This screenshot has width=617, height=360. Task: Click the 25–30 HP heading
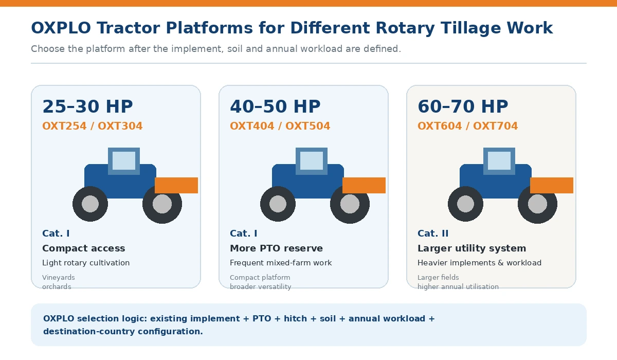(x=87, y=106)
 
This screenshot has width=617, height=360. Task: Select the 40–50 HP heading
(x=275, y=106)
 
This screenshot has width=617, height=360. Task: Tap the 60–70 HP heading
(x=463, y=106)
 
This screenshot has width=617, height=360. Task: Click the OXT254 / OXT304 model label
(x=92, y=126)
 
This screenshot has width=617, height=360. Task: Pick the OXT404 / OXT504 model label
(x=280, y=126)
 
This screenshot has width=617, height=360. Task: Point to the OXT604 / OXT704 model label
(x=468, y=126)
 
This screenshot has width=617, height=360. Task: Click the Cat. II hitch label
(x=433, y=233)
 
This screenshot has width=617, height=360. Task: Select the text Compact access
(x=84, y=248)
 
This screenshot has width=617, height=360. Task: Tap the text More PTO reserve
(x=276, y=248)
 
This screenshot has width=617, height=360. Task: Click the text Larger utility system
(x=472, y=248)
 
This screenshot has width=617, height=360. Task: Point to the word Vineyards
(x=59, y=277)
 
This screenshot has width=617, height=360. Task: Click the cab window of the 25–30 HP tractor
(x=124, y=161)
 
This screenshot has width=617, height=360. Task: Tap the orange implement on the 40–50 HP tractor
(x=364, y=185)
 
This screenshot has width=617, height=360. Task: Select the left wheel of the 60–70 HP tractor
(x=465, y=204)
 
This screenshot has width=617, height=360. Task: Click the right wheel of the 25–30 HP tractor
(x=162, y=204)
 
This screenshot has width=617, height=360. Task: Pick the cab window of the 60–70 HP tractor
(x=499, y=161)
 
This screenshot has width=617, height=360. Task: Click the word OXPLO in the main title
(x=61, y=28)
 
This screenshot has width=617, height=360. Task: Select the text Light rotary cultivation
(x=86, y=263)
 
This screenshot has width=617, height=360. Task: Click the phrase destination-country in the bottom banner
(x=89, y=331)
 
